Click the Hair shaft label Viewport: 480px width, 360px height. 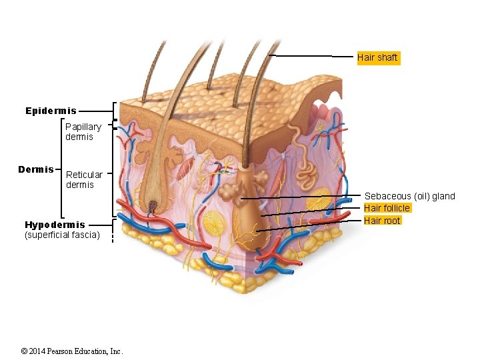point(377,58)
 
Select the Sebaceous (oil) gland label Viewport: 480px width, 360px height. point(409,196)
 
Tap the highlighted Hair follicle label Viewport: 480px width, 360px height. point(387,209)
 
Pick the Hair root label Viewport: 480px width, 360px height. point(383,221)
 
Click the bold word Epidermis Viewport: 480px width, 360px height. point(51,111)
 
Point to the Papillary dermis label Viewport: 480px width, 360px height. point(83,131)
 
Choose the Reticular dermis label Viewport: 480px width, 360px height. point(84,179)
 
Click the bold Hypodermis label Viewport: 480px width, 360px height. point(55,225)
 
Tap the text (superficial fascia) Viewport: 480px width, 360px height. point(62,235)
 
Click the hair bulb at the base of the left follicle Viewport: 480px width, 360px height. point(153,207)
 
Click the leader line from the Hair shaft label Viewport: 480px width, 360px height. point(310,56)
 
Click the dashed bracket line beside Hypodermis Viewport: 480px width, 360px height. point(113,230)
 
